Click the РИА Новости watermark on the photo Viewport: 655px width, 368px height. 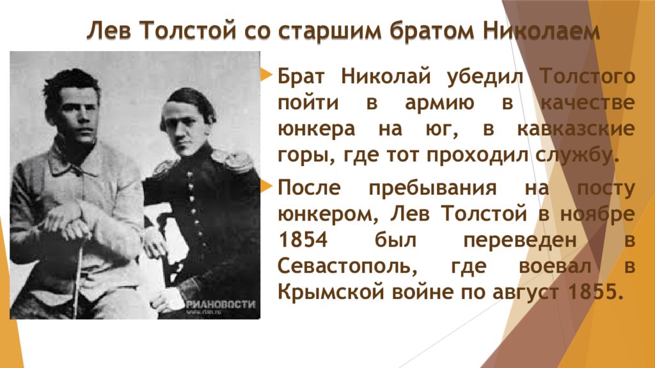[x=219, y=305]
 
